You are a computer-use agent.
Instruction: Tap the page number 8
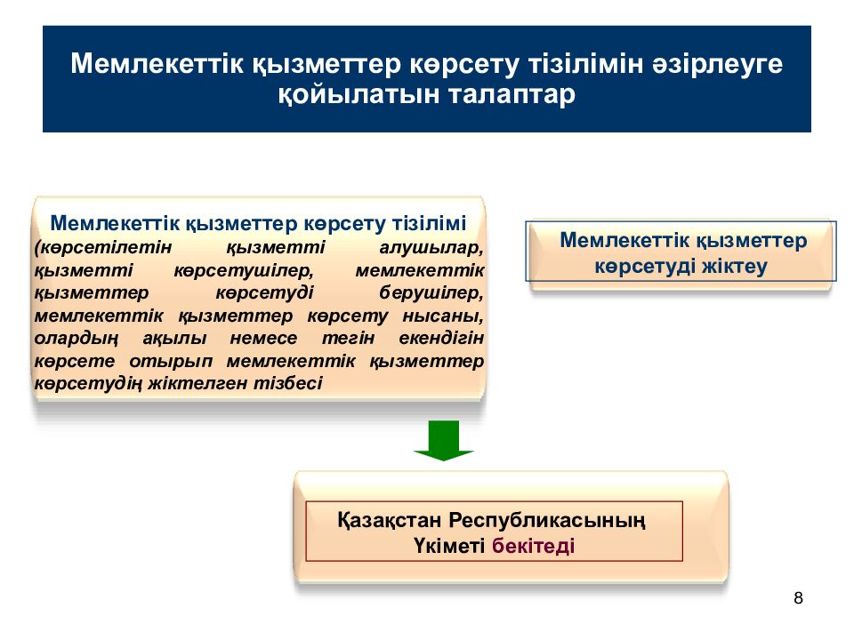(798, 597)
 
